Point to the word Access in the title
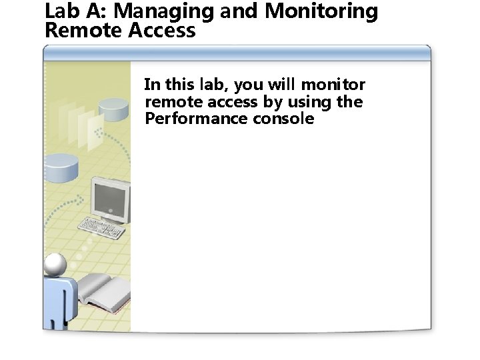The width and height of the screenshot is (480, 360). tap(163, 31)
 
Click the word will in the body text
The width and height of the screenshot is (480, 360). tap(281, 85)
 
